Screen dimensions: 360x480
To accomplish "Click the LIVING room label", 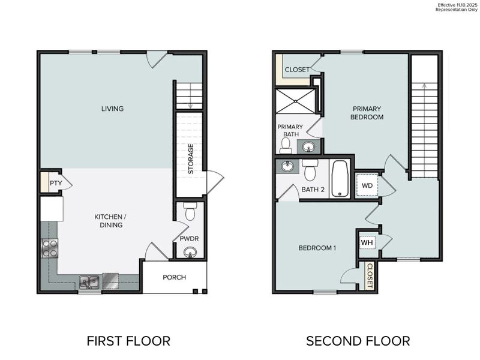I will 112,109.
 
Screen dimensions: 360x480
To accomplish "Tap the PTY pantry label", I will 55,184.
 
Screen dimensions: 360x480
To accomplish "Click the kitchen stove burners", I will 49,248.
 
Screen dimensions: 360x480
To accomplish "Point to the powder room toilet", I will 190,212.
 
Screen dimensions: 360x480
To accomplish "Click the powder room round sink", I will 190,253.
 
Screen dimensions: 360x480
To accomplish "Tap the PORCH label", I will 174,277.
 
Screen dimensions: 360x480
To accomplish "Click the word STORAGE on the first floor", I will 191,159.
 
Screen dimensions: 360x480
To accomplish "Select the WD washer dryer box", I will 367,185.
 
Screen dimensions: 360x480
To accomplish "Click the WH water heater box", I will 367,242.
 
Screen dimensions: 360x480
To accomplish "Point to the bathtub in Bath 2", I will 340,178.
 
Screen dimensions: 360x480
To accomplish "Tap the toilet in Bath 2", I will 310,171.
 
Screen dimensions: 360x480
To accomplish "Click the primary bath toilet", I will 286,144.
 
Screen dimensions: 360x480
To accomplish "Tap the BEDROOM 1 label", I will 317,248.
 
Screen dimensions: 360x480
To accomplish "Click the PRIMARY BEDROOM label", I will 367,113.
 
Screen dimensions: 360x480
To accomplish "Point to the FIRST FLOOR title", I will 128,341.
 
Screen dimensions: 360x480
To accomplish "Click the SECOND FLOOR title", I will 358,341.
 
